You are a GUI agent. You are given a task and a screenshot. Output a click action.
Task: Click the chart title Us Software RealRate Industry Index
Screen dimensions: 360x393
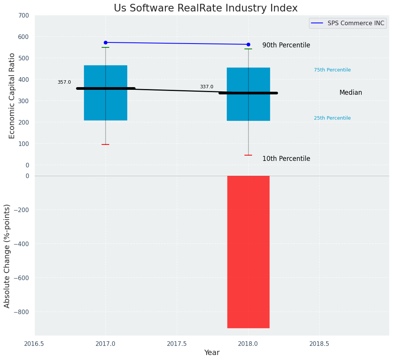point(205,8)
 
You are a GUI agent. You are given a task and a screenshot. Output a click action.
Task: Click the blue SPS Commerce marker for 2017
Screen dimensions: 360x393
point(105,42)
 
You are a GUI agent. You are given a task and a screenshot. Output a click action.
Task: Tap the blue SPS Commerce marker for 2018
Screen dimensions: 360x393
point(248,44)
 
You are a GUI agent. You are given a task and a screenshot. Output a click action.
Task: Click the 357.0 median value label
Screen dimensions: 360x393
point(64,82)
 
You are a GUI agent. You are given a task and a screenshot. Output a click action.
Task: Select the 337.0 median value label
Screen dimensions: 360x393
point(207,87)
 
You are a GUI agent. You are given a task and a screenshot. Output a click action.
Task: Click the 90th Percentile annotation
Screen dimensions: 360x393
point(286,45)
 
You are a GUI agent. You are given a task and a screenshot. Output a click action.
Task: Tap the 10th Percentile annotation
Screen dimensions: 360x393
point(286,159)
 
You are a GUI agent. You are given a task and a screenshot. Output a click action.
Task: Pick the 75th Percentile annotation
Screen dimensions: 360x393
point(332,70)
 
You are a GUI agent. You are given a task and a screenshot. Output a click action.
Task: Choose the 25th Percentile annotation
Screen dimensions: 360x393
point(332,118)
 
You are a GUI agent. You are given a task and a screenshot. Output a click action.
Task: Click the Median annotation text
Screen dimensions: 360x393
point(351,92)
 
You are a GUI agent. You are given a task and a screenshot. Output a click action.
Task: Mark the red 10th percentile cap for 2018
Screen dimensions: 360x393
point(248,155)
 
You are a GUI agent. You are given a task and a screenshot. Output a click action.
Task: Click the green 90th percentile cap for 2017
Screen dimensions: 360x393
point(105,47)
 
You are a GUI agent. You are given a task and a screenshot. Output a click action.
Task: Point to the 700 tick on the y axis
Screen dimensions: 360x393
point(24,16)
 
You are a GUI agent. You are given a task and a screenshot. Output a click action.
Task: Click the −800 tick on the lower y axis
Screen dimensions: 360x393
point(22,312)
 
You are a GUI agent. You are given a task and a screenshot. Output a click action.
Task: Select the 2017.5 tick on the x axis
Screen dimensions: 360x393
point(177,344)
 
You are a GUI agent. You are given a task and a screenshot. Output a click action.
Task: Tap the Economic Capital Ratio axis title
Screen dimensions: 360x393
point(12,96)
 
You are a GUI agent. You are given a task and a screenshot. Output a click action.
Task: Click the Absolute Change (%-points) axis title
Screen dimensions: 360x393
point(7,256)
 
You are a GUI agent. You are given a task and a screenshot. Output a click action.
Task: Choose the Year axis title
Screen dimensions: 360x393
point(212,353)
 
